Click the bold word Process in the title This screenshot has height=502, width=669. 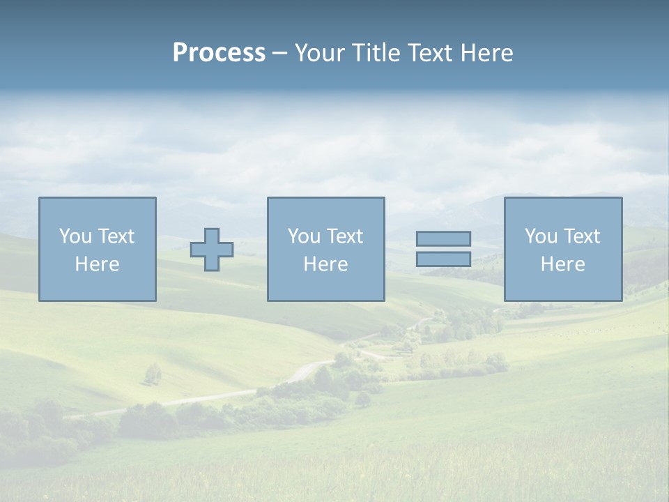click(x=219, y=53)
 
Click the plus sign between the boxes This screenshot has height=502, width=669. click(x=212, y=250)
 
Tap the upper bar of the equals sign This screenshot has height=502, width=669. click(x=443, y=238)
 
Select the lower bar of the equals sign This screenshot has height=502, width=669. click(x=443, y=259)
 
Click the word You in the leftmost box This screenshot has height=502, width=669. click(x=75, y=236)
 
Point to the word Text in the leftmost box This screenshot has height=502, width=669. click(x=116, y=236)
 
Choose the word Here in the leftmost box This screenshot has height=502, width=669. click(x=97, y=264)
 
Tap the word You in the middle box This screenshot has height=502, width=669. click(x=304, y=236)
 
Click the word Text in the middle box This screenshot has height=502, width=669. click(x=344, y=236)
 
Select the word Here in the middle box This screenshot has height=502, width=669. click(x=325, y=264)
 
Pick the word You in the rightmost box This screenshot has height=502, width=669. click(x=541, y=236)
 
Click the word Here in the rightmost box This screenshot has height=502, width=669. click(x=562, y=264)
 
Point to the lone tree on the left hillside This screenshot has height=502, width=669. click(x=153, y=374)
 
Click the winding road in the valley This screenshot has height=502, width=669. click(x=307, y=370)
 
